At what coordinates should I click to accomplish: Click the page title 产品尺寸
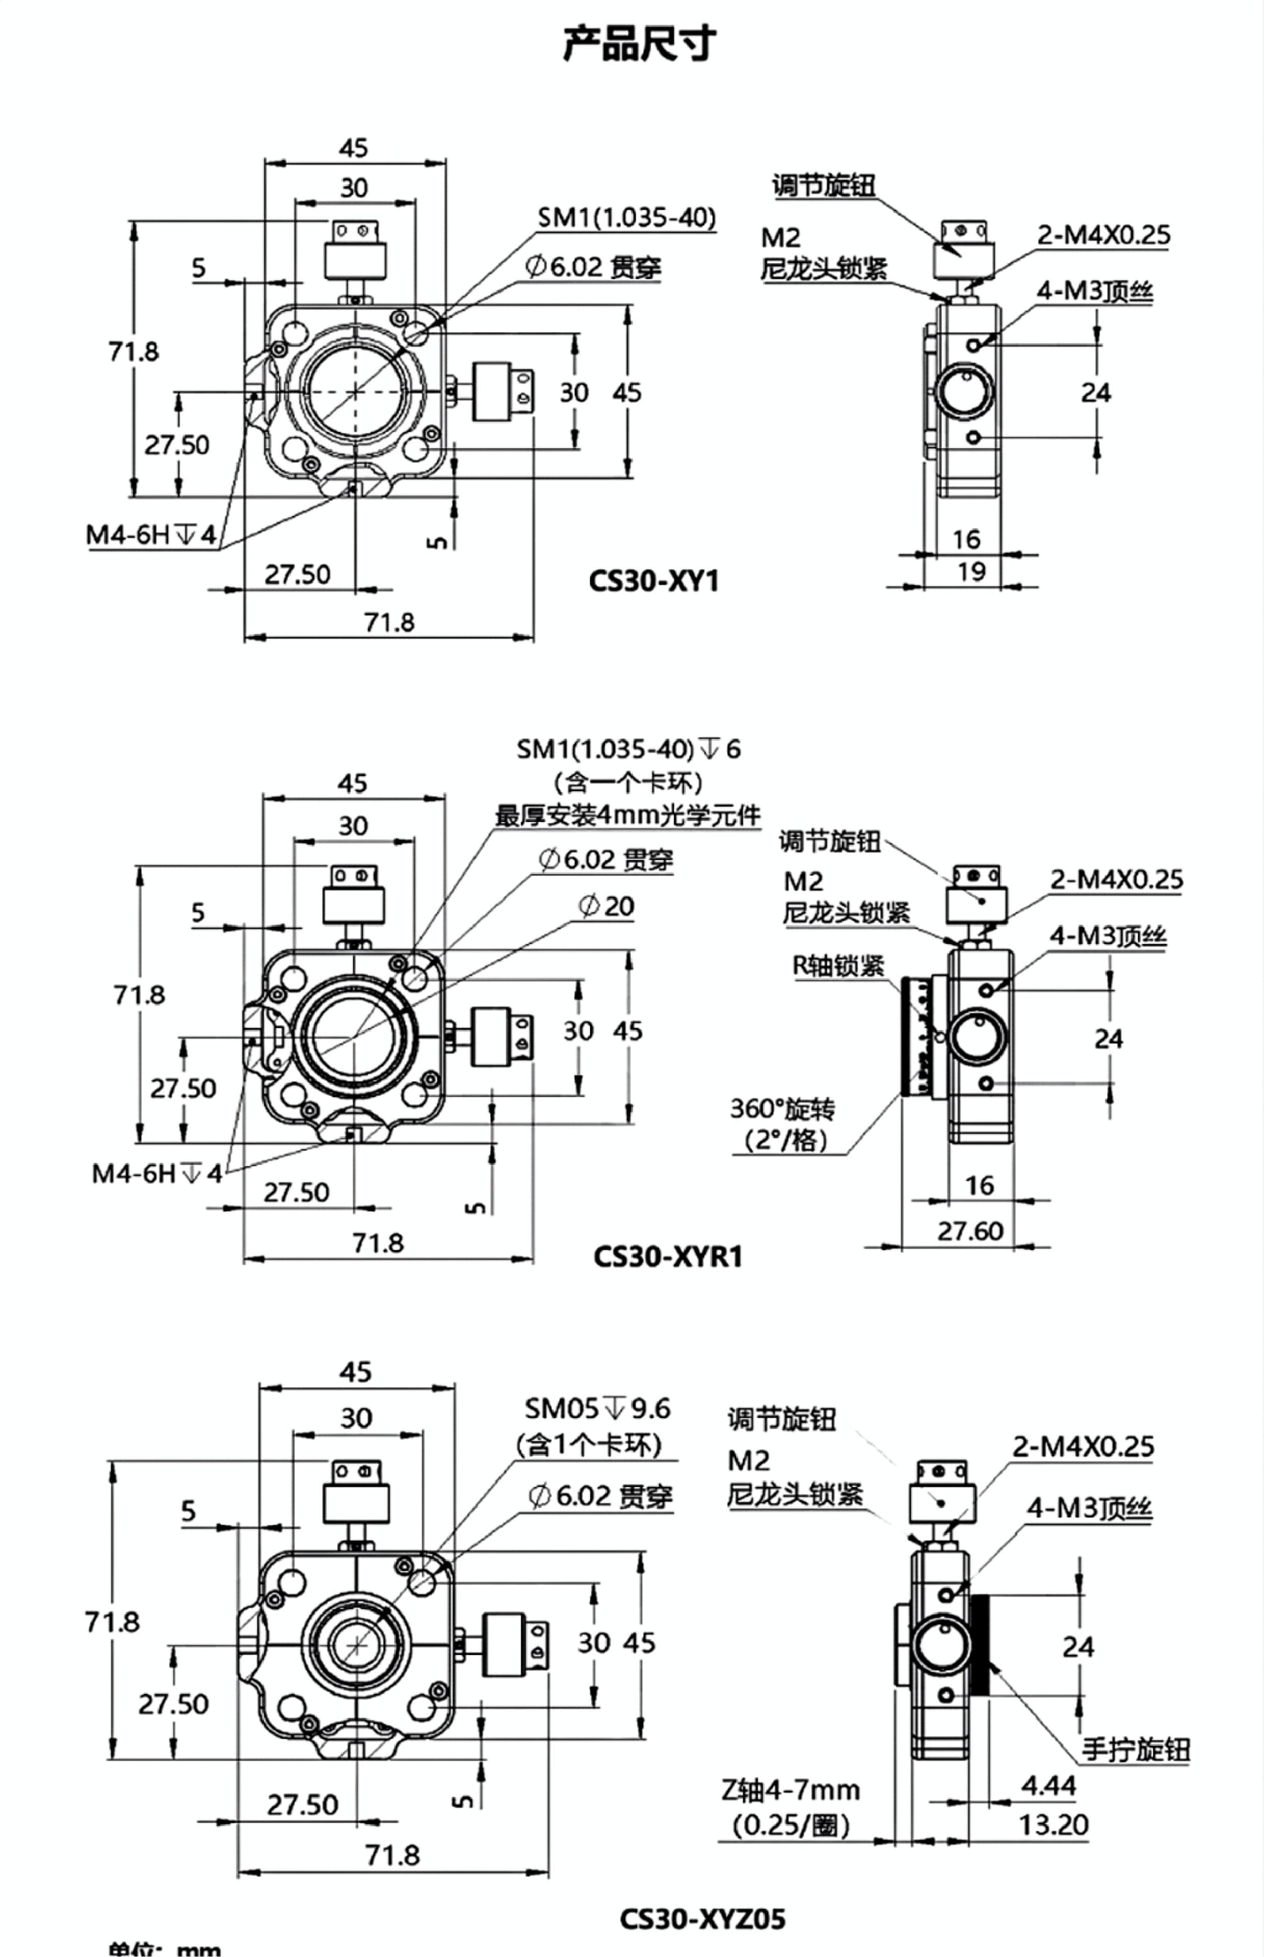[x=639, y=43]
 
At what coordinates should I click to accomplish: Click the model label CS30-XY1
[x=653, y=581]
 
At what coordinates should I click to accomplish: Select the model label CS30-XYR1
[x=667, y=1255]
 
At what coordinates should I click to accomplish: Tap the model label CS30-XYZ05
[x=702, y=1918]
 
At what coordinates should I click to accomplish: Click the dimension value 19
[x=971, y=571]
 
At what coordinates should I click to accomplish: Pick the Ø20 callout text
[x=605, y=906]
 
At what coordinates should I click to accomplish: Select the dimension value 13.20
[x=1053, y=1825]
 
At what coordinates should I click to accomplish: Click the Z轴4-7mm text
[x=791, y=1789]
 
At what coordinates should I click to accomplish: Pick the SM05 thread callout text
[x=597, y=1408]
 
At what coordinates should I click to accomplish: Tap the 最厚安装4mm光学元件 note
[x=628, y=815]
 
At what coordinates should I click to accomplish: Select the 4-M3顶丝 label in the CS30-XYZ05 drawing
[x=1090, y=1508]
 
